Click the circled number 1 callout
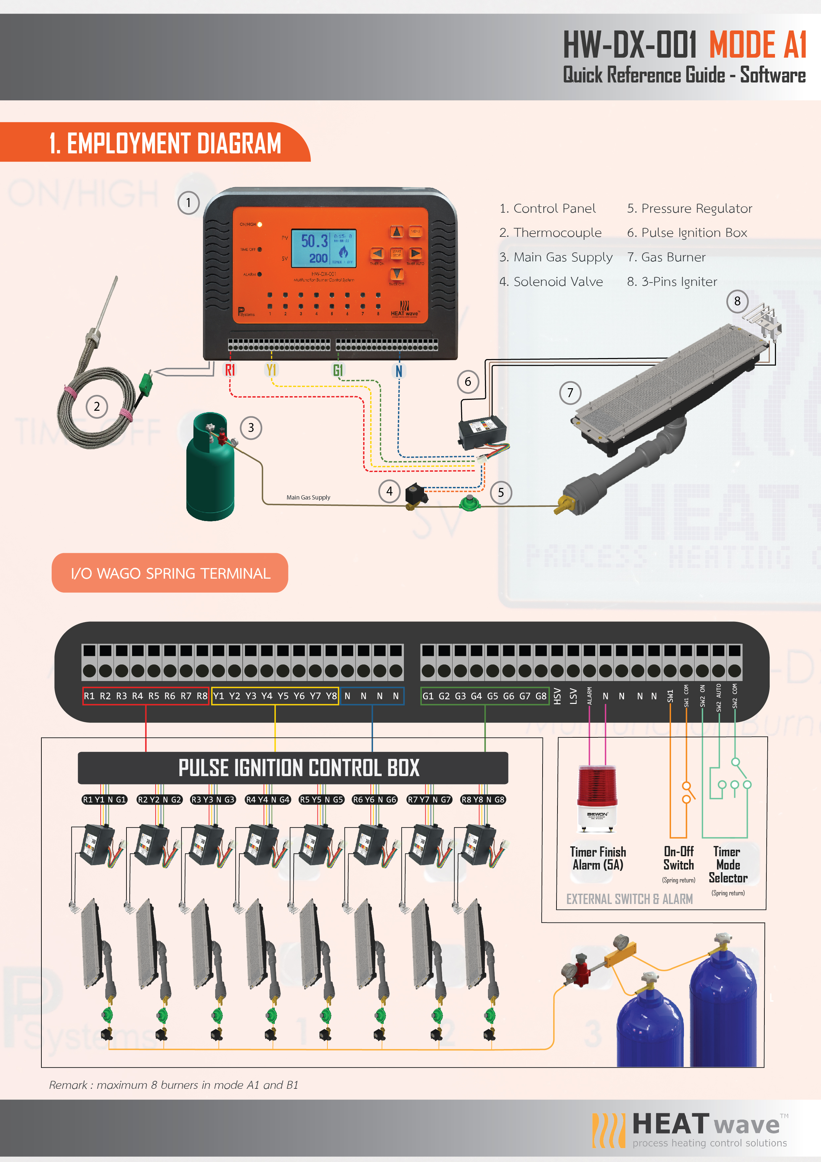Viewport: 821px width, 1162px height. [188, 203]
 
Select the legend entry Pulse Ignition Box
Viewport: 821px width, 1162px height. [687, 233]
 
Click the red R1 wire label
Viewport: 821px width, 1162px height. [230, 370]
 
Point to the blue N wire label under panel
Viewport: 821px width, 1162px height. [399, 371]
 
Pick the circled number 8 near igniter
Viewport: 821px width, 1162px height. [737, 301]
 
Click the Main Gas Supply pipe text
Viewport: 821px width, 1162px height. [308, 498]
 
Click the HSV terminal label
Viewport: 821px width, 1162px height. [557, 696]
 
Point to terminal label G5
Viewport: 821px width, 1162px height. [492, 696]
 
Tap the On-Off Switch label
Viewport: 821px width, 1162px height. [678, 858]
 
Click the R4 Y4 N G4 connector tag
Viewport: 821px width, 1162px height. [267, 800]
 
